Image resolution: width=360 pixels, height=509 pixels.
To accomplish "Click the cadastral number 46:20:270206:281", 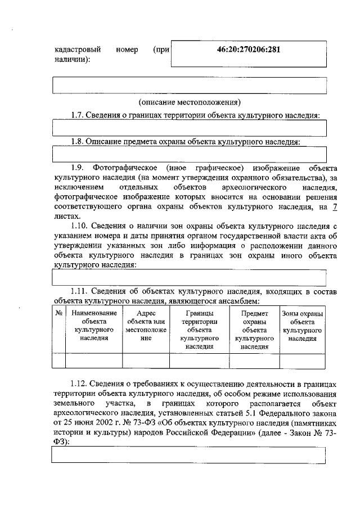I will point(249,49).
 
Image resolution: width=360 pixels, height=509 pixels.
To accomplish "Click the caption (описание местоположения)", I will point(190,102).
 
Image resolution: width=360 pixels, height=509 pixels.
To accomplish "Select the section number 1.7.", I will point(78,115).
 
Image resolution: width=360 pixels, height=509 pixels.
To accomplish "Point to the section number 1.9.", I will point(78,168).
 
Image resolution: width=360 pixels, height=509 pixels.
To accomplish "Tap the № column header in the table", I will point(58,313).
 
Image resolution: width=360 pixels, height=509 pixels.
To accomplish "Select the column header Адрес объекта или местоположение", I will point(146,326).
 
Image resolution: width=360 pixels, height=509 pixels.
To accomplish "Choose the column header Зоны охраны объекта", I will point(303,326).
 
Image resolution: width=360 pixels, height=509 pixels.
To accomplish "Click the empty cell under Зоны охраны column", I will point(303,361).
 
